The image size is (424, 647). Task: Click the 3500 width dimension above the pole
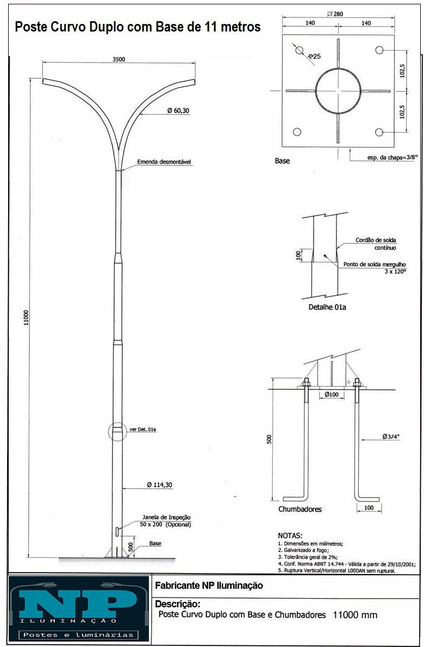coord(119,59)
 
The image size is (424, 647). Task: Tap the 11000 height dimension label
coord(27,318)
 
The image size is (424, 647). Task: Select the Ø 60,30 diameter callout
coord(178,110)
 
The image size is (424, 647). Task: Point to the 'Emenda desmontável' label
coord(164,162)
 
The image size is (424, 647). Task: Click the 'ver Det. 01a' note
coord(143,430)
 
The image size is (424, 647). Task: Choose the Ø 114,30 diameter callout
coord(160,485)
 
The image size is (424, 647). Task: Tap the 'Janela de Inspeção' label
coord(167,518)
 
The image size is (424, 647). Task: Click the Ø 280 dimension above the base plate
coord(335,14)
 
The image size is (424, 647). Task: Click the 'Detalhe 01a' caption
coord(327,307)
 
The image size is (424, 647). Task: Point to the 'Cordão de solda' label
coord(376,240)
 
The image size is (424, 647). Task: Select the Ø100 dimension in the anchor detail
coord(331,395)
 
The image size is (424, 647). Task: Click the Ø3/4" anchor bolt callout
coord(391,437)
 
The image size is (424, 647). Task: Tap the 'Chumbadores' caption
coord(300,509)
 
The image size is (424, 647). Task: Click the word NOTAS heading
coord(290,536)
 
